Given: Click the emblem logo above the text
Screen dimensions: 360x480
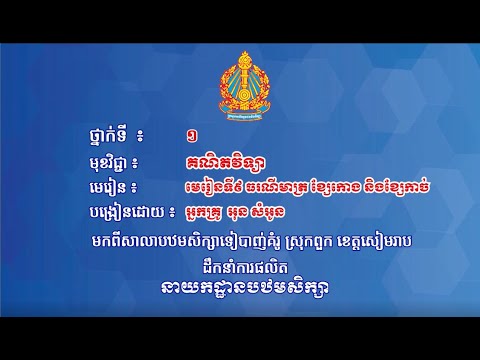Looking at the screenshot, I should point(241,64).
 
